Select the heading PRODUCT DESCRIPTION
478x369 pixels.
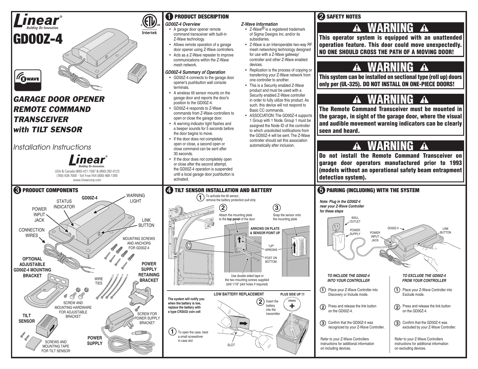click(202, 17)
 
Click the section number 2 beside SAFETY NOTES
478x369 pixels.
click(321, 17)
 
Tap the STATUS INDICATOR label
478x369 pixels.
click(64, 204)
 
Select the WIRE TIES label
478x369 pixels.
click(99, 281)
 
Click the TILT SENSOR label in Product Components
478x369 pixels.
click(28, 318)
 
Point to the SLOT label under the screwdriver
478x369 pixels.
click(231, 345)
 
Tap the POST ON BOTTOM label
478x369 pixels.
click(271, 260)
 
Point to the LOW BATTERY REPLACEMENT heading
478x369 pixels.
click(239, 294)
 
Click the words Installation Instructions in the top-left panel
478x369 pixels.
click(52, 147)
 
